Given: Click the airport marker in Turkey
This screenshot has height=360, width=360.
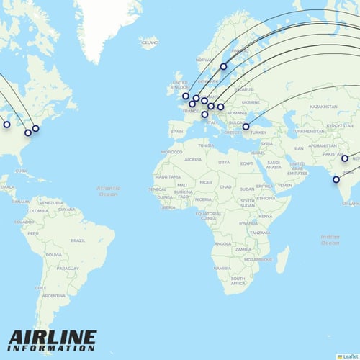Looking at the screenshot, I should pos(246,127).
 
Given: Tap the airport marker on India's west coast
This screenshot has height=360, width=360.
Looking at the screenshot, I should pos(336,179).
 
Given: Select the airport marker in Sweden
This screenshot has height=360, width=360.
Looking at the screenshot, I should pos(224,66).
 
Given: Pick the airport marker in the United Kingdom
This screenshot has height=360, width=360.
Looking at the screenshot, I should pos(186,96).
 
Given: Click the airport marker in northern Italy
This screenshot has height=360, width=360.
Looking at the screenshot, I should pos(204,114).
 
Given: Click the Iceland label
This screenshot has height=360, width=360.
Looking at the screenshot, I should pos(150,43).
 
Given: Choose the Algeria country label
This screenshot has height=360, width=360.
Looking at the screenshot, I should pos(193,159).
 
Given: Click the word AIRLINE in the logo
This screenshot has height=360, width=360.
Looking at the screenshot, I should pos(53,337).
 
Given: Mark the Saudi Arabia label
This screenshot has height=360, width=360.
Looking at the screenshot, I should pos(273,163).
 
